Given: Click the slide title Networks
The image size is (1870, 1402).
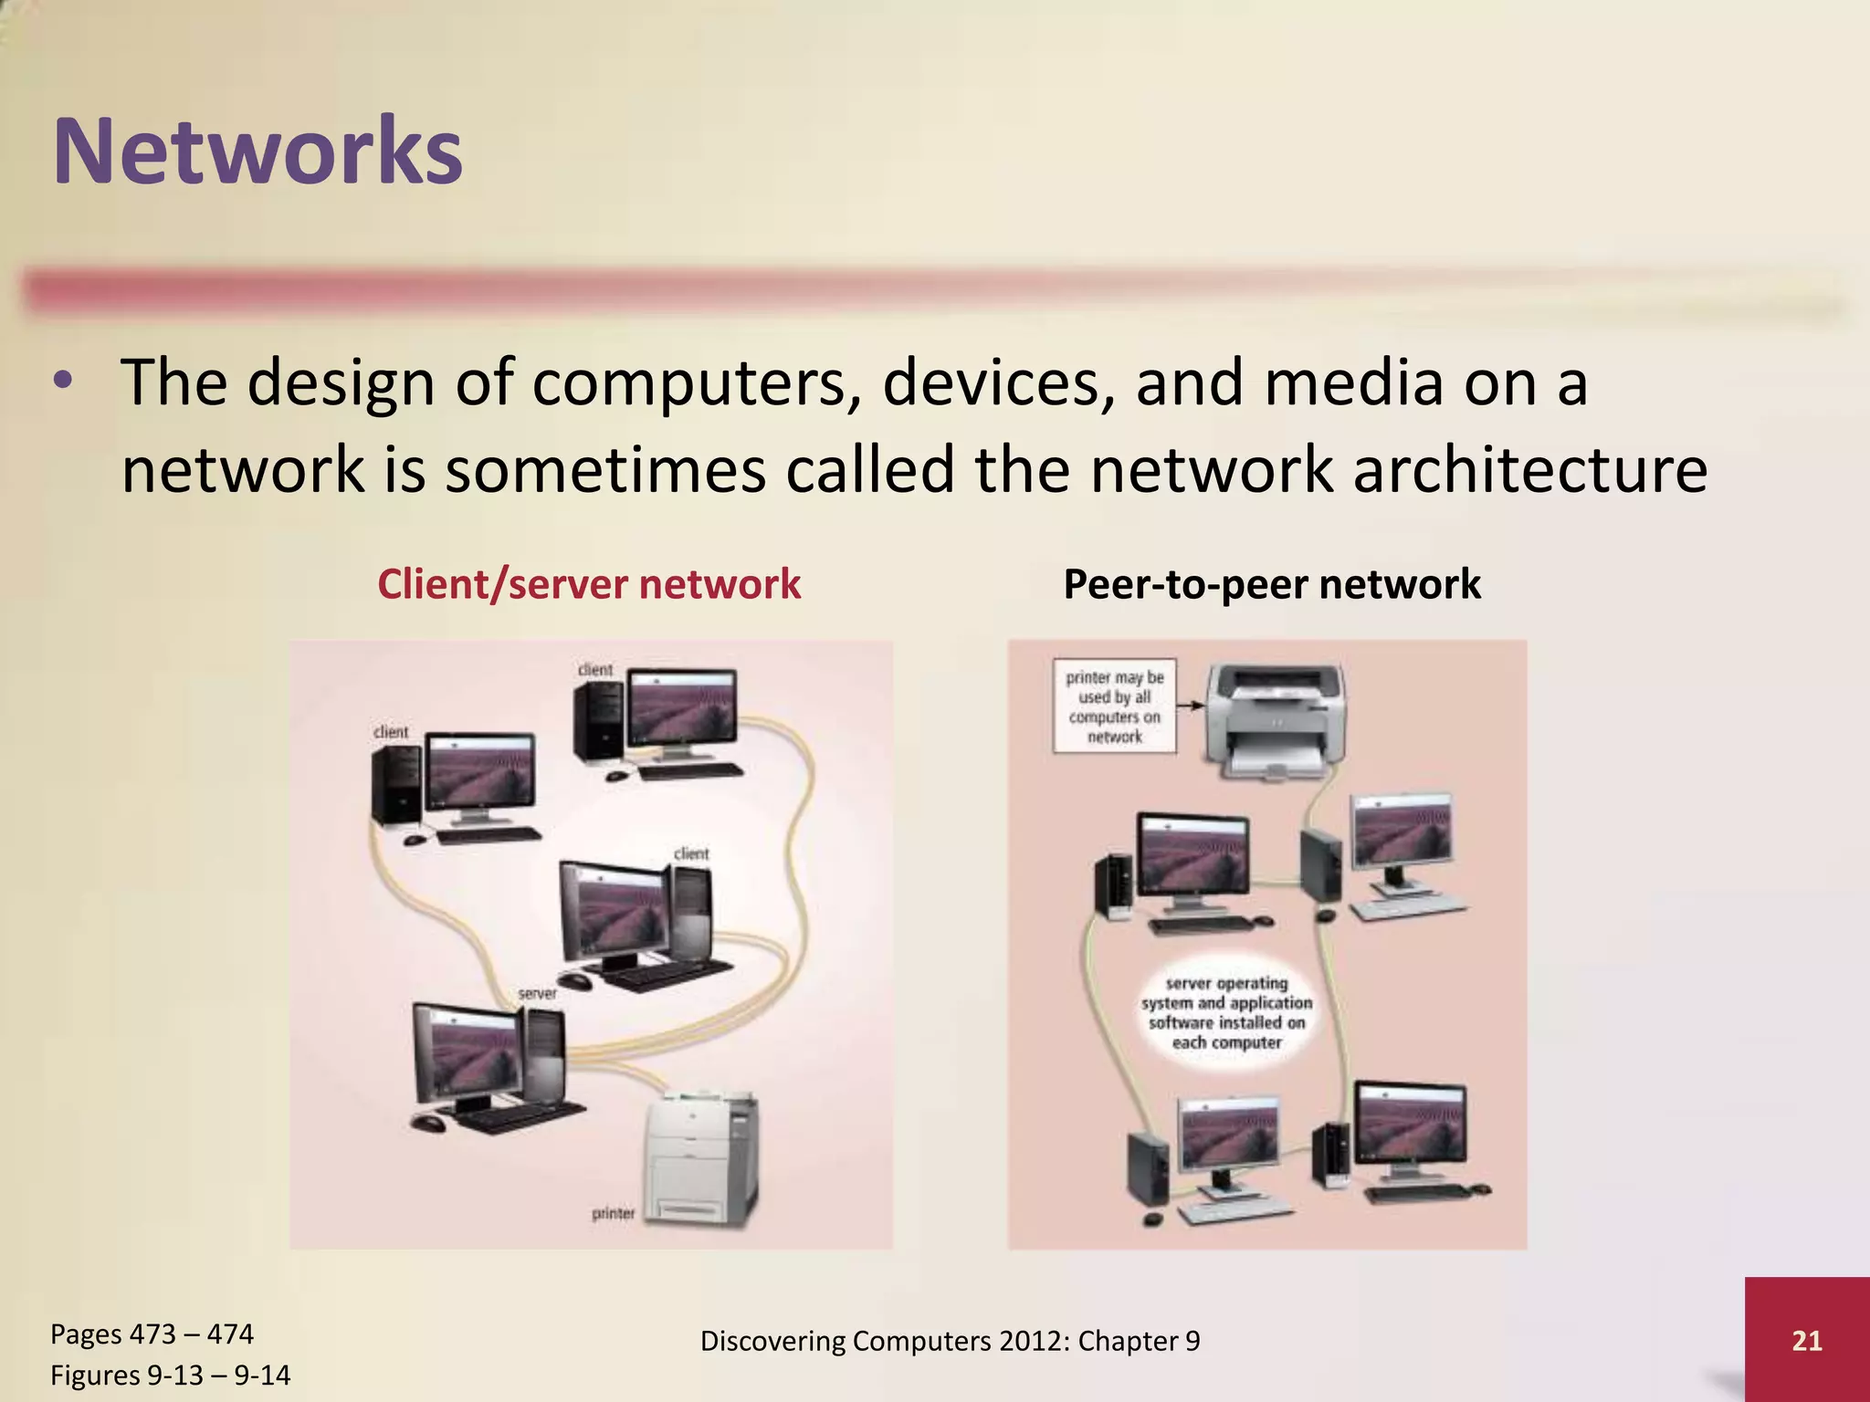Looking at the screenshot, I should coord(258,151).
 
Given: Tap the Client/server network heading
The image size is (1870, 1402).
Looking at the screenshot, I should coord(589,584).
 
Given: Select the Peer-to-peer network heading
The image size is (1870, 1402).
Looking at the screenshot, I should coord(1272,584).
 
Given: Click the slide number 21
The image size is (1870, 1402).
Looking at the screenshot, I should coord(1806,1340).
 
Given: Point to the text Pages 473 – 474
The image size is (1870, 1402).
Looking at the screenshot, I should coord(152,1334).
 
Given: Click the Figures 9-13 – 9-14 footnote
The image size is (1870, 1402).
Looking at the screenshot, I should coord(170,1375).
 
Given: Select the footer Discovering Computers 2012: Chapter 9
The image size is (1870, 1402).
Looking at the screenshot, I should coord(950,1341).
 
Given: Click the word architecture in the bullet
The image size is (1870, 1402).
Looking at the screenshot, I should coord(1529,469).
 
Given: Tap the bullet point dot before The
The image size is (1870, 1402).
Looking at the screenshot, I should coord(62,382).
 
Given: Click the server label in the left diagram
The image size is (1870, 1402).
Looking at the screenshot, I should coord(537,993).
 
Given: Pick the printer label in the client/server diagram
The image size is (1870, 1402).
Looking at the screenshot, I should coord(613,1213).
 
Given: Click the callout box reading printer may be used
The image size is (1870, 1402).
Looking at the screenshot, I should coord(1114,706).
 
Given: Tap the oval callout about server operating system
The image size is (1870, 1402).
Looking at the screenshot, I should coord(1226,1013).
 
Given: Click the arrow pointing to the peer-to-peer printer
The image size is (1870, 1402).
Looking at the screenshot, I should coord(1189,705).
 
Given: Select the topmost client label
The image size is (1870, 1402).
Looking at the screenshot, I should coord(595,670).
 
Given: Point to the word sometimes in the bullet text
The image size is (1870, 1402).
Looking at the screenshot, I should coord(604,469).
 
